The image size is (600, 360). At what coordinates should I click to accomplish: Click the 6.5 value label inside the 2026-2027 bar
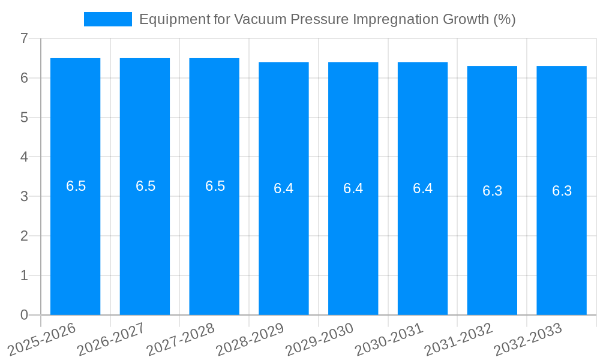(x=145, y=186)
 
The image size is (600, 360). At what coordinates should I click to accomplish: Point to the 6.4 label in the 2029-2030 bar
(x=353, y=188)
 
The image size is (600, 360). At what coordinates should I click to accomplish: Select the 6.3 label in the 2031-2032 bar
(x=492, y=191)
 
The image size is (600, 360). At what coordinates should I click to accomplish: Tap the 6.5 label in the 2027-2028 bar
(x=215, y=186)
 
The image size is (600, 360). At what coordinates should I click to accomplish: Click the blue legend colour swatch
(x=108, y=19)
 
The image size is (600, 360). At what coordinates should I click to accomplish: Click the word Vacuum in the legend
(x=260, y=19)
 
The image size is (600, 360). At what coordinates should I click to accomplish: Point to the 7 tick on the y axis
(x=24, y=38)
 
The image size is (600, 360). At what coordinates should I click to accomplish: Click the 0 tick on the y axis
(x=24, y=315)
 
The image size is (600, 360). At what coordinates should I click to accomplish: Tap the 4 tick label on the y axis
(x=24, y=157)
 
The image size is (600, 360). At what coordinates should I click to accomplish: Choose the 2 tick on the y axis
(x=24, y=236)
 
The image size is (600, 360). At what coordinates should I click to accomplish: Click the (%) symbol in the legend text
(x=505, y=19)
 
